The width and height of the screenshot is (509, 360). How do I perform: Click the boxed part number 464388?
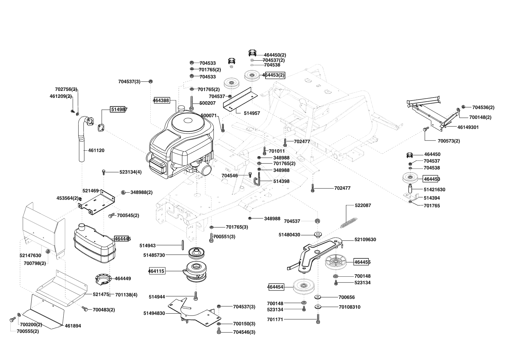click(161, 100)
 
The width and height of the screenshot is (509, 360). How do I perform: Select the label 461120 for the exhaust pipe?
click(96, 150)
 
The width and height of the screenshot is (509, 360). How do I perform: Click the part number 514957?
click(252, 113)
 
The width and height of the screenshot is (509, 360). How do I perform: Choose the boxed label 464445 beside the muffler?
click(122, 239)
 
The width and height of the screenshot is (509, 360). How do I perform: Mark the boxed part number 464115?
click(156, 271)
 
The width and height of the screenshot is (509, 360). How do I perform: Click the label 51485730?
click(154, 255)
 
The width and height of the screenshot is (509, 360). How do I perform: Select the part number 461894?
click(73, 326)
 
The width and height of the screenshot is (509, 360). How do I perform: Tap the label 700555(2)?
click(28, 331)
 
